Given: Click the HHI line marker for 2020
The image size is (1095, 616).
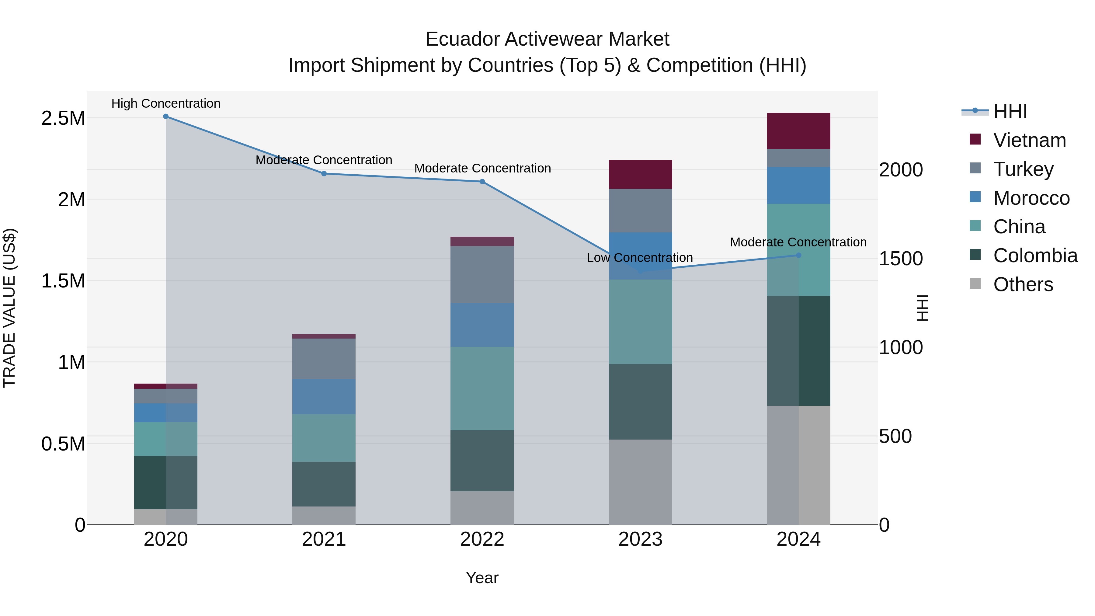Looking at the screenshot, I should pyautogui.click(x=166, y=117).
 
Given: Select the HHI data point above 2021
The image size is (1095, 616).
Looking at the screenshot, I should pyautogui.click(x=324, y=173).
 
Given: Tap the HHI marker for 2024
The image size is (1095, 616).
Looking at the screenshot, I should pyautogui.click(x=798, y=255).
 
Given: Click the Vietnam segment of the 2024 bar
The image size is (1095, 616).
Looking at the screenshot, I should pyautogui.click(x=798, y=131).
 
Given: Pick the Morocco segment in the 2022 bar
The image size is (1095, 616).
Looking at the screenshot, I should pyautogui.click(x=482, y=325).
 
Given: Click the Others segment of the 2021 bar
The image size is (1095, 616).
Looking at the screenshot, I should pyautogui.click(x=324, y=515).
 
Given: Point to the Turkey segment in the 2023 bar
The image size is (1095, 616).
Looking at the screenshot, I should pyautogui.click(x=640, y=211).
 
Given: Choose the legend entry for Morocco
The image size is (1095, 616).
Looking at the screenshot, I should pyautogui.click(x=1031, y=198).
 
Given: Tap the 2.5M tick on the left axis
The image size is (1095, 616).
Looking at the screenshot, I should pyautogui.click(x=63, y=118).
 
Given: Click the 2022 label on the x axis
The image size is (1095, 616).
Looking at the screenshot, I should pyautogui.click(x=482, y=539).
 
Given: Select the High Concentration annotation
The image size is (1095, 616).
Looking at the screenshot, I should pyautogui.click(x=166, y=103).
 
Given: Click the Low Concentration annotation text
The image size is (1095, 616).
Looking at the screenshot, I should pyautogui.click(x=639, y=258).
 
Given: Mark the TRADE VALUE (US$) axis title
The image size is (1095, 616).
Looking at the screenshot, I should pyautogui.click(x=9, y=308).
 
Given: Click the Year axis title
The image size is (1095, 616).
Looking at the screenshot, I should pyautogui.click(x=482, y=578).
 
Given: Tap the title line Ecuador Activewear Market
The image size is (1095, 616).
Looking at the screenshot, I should pyautogui.click(x=547, y=39).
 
